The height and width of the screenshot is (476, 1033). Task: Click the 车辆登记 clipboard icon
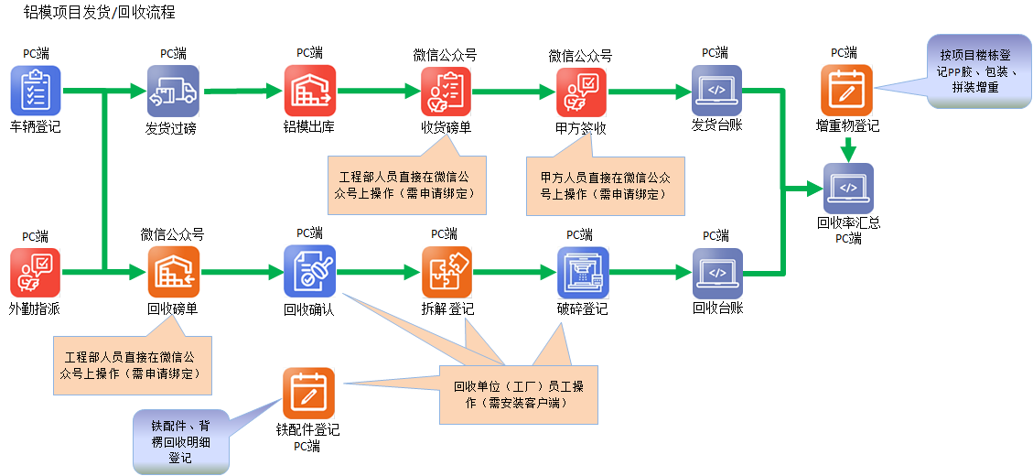tap(36, 91)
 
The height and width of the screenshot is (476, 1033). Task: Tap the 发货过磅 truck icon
tap(172, 91)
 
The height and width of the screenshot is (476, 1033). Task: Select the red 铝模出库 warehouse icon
tap(309, 91)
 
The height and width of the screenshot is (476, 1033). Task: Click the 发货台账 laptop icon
tap(716, 91)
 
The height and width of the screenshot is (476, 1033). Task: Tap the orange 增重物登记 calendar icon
tap(846, 91)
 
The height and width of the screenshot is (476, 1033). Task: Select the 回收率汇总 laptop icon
tap(848, 189)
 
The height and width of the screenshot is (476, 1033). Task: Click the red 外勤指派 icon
tap(36, 273)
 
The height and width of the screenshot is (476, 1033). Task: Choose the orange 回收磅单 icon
tap(172, 273)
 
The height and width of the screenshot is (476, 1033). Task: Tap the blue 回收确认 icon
tap(309, 273)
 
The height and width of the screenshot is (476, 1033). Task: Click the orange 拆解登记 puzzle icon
tap(447, 273)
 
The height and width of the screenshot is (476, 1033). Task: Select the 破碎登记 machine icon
tap(582, 273)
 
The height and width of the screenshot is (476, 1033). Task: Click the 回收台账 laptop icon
tap(716, 273)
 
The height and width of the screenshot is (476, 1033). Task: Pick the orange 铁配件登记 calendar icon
tap(308, 394)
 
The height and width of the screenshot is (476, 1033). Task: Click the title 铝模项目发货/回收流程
tap(98, 14)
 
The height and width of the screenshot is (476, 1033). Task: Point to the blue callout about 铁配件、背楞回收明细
tap(180, 441)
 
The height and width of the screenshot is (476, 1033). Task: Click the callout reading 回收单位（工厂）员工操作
tap(519, 395)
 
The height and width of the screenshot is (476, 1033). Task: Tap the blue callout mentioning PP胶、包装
tap(974, 70)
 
